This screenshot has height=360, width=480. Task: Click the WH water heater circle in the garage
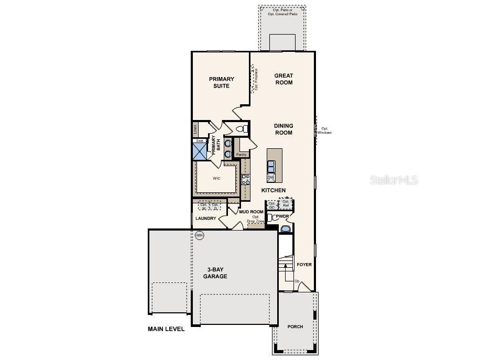pos(199,236)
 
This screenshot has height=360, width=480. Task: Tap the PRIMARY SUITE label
pos(222,82)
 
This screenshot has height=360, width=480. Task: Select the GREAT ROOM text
pos(283,79)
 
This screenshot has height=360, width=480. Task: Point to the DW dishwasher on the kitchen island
pos(271,178)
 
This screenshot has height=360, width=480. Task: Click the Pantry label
pos(241,155)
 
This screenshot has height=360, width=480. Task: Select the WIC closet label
pos(216,178)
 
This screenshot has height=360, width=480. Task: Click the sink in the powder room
pos(285,228)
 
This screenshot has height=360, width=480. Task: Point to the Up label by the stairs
pos(297,281)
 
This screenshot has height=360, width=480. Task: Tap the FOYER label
pos(304,265)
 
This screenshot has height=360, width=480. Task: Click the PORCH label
pos(295,326)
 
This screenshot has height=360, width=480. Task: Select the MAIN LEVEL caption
pos(166,330)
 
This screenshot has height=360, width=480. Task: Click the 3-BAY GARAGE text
pos(215,273)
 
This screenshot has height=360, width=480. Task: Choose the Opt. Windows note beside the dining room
pos(324,130)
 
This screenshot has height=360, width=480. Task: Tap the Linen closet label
pos(195,128)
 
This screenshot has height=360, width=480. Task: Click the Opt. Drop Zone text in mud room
pos(256,220)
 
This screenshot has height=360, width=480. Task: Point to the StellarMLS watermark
pos(395,180)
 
